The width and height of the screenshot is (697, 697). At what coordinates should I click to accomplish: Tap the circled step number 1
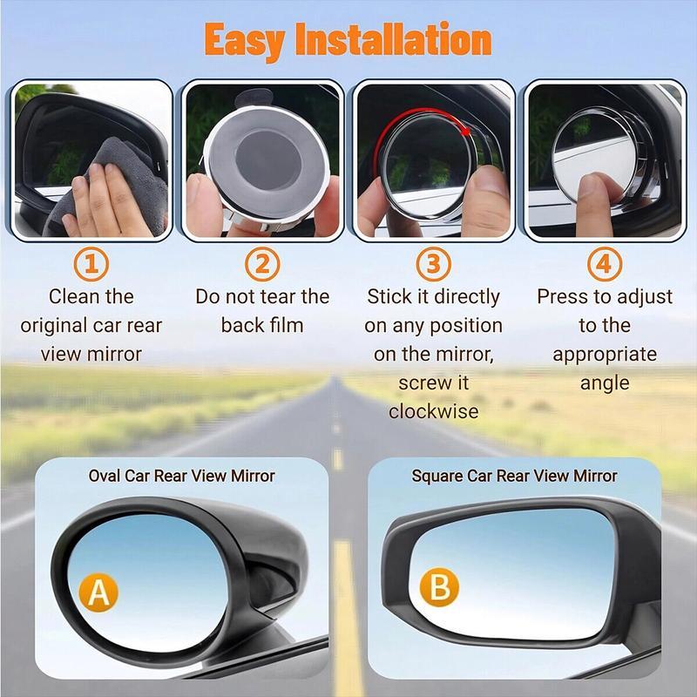pyautogui.click(x=91, y=263)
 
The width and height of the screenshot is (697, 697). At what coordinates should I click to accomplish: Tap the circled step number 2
pyautogui.click(x=262, y=263)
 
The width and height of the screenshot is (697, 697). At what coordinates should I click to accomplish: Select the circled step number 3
pyautogui.click(x=434, y=263)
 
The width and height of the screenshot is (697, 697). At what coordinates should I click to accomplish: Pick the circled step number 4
pyautogui.click(x=604, y=263)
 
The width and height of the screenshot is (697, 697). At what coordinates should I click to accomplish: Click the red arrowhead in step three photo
pyautogui.click(x=469, y=131)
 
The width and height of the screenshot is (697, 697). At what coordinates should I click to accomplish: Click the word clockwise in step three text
pyautogui.click(x=434, y=411)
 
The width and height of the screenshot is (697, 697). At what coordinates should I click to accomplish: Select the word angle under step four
pyautogui.click(x=604, y=382)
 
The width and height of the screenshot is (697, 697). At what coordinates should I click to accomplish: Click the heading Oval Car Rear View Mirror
pyautogui.click(x=181, y=477)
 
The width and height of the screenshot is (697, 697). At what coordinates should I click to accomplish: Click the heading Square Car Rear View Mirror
pyautogui.click(x=514, y=477)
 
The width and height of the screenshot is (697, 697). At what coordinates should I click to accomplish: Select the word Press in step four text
pyautogui.click(x=560, y=296)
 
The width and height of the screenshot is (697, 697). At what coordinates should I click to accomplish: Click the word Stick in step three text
pyautogui.click(x=389, y=296)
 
